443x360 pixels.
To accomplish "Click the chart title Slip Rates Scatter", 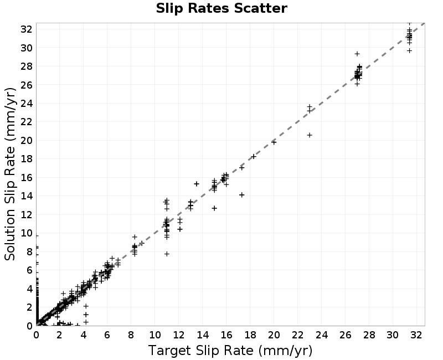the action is coord(221,8).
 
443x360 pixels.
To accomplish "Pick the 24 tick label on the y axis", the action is coord(27,103).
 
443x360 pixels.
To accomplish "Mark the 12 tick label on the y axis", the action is coord(27,214).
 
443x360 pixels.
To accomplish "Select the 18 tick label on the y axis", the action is coord(27,159).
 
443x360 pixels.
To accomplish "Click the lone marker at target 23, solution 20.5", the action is coord(310,135).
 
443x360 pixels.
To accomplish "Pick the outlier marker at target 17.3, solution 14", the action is coord(241,195).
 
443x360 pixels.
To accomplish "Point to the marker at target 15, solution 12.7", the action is coord(214,208).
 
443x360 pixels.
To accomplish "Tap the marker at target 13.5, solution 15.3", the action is coord(197,184).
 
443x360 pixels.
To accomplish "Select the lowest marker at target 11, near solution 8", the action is coord(167,254).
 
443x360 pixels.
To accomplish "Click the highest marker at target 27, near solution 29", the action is coord(357,54).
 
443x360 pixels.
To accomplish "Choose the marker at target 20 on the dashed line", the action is coord(274,142).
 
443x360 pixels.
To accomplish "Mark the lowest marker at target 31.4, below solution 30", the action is coord(409,50).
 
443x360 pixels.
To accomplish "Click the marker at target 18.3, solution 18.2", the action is coord(254,157).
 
